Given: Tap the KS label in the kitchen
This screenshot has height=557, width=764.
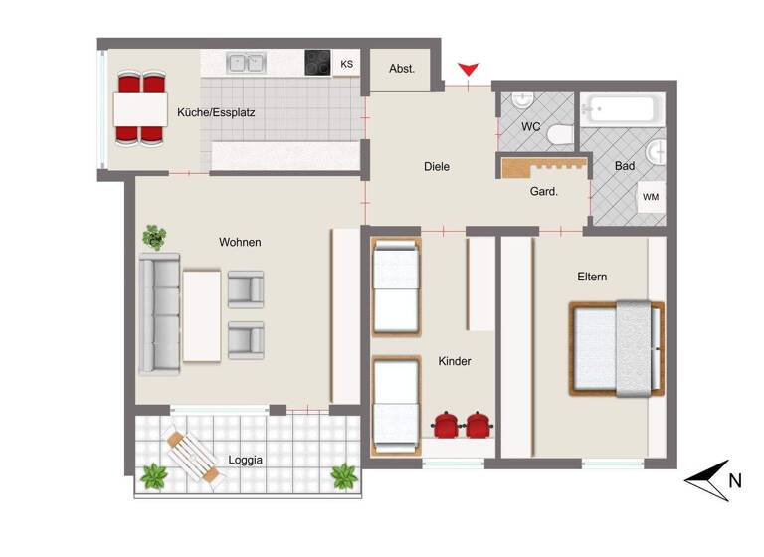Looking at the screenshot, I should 347,64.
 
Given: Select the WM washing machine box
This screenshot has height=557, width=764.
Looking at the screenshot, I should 651,197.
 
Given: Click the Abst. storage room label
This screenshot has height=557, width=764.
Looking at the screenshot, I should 402,69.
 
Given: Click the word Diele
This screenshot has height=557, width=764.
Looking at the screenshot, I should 436,166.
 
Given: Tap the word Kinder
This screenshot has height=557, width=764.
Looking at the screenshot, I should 454,361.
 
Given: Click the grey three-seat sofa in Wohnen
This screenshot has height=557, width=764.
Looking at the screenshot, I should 159,313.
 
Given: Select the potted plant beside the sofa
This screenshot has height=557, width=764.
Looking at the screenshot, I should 154,237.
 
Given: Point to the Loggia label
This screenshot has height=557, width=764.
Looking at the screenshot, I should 245,460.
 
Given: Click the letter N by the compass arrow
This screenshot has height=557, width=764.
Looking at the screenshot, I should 734,481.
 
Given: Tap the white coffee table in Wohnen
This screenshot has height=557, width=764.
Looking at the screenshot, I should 202,315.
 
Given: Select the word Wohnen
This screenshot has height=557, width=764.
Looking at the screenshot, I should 240,242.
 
